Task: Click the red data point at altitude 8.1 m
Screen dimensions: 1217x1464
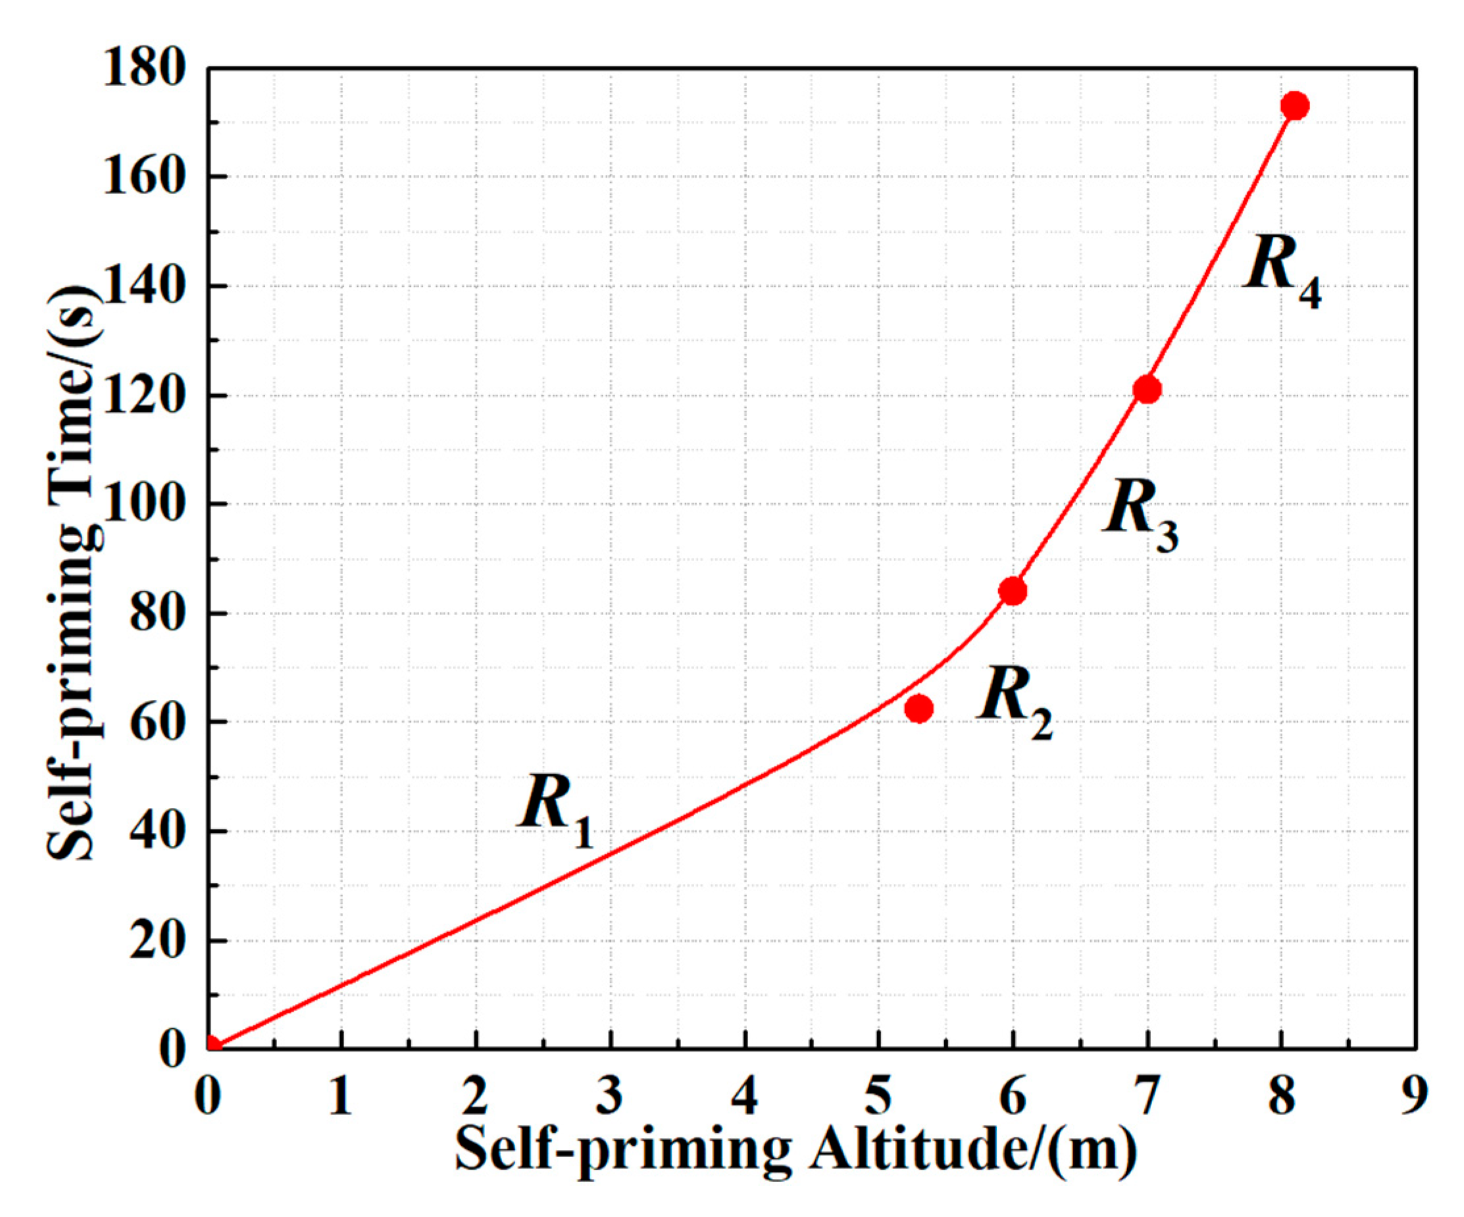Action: coord(1295,106)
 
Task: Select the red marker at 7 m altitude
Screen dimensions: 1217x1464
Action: coord(1147,389)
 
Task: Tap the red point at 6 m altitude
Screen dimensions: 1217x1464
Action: coord(1012,591)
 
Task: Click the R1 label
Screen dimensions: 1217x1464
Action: coord(555,810)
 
